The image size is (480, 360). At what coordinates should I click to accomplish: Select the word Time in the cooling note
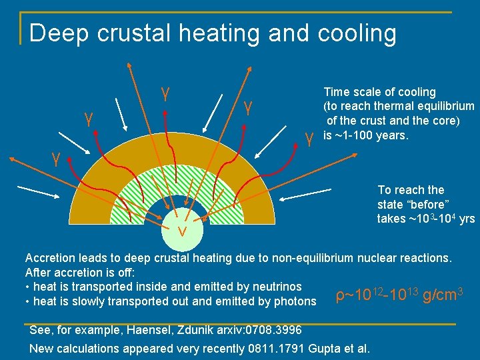(x=336, y=92)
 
